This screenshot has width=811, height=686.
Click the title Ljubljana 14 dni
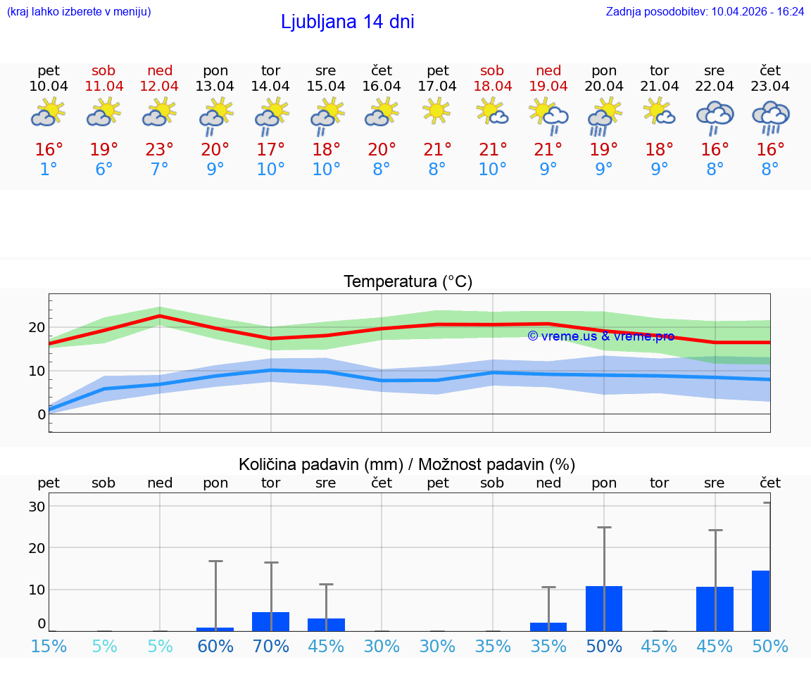coord(347,22)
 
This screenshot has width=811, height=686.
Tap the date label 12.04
coord(160,86)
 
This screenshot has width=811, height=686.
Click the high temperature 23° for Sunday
coord(160,150)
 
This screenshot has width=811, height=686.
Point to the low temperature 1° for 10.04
coord(49,170)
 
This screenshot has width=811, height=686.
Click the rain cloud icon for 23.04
coord(770,117)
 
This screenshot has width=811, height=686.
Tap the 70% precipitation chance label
coord(271,646)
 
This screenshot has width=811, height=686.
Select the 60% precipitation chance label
coord(215,646)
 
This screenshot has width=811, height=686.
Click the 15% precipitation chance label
coord(49,646)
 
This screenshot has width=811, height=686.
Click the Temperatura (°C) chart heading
coord(408,282)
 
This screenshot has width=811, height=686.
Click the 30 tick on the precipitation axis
coord(37,507)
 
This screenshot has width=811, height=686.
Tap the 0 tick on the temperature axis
coord(41,414)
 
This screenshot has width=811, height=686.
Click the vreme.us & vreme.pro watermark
coord(601,336)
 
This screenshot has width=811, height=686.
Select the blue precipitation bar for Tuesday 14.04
coord(271,622)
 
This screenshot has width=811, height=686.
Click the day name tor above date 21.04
coord(659,70)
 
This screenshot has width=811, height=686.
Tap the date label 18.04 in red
coord(492,86)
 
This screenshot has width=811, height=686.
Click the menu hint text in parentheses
coord(79,11)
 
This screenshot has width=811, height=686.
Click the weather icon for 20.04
coord(604,115)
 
